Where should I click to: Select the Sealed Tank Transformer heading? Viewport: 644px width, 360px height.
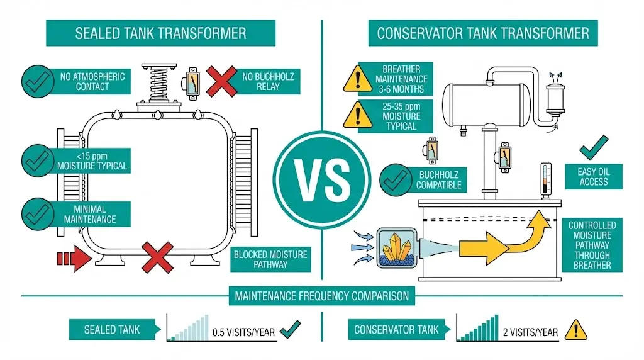tap(160, 33)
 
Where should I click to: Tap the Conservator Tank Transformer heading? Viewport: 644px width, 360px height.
tap(482, 33)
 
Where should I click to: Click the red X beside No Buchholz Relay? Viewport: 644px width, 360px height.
tap(221, 82)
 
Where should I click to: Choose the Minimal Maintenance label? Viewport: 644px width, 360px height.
tap(89, 214)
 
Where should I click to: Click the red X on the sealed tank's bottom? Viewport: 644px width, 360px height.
tap(157, 257)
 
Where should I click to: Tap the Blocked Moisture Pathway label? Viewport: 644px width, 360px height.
tap(270, 259)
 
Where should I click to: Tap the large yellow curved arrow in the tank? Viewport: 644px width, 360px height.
tap(503, 242)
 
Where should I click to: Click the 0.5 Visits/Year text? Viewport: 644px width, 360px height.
tap(243, 331)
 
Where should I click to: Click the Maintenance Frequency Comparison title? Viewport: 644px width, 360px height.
tap(321, 295)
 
